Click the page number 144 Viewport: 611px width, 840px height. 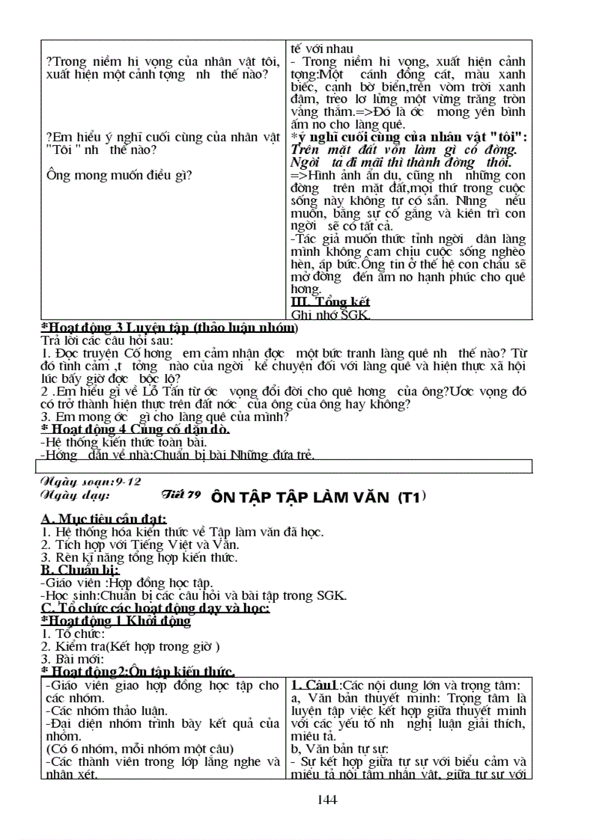click(327, 800)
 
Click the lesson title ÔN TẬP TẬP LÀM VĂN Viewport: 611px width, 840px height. click(311, 495)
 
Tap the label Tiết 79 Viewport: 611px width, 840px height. click(180, 494)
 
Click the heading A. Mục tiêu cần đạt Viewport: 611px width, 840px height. click(103, 519)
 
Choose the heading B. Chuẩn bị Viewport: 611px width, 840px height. click(79, 570)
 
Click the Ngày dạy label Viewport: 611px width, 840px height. click(75, 495)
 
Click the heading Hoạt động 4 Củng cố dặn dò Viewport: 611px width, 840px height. click(135, 429)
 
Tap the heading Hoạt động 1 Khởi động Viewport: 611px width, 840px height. click(116, 621)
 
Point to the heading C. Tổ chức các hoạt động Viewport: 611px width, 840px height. click(155, 608)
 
